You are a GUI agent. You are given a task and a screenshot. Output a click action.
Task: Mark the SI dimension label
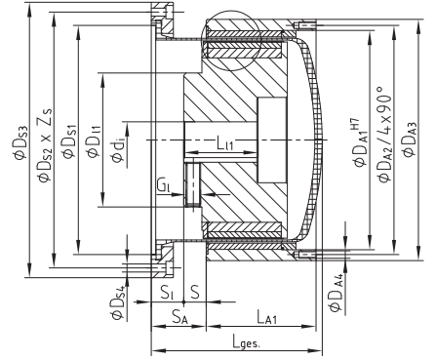pos(167,291)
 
